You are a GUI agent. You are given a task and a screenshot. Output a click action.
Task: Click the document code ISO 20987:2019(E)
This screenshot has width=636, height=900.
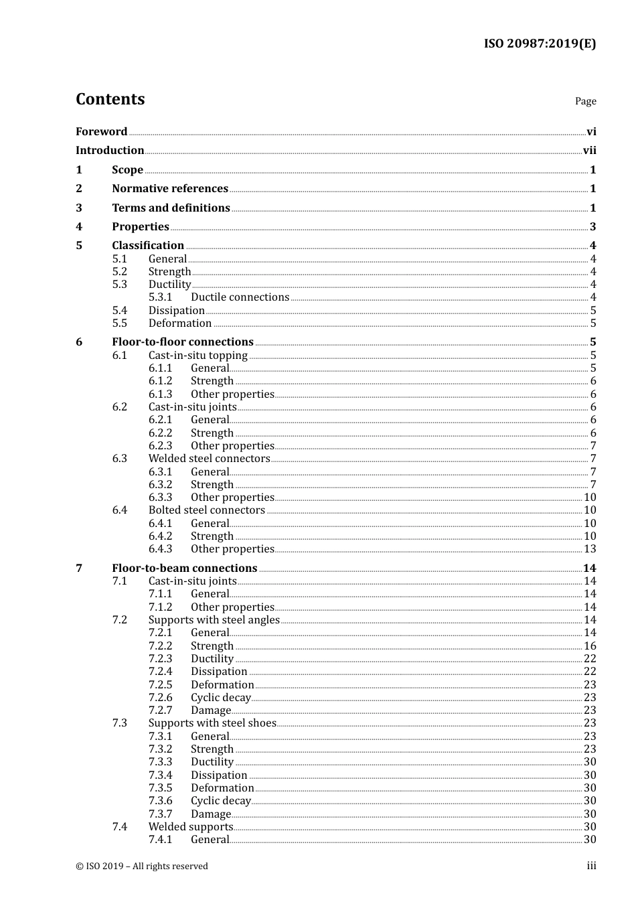click(540, 44)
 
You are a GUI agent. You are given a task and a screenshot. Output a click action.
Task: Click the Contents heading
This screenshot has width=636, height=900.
click(110, 99)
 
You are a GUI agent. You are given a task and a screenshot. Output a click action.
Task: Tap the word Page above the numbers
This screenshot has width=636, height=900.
click(585, 101)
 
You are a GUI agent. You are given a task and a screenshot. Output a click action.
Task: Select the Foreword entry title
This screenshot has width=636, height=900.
click(101, 131)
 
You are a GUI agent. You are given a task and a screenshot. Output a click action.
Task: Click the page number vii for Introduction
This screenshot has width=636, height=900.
click(589, 151)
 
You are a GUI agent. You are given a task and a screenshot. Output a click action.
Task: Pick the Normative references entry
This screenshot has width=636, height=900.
click(170, 189)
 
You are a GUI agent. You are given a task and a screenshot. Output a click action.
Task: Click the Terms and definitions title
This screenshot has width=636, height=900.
click(171, 208)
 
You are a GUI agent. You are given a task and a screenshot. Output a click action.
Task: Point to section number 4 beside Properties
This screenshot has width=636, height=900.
click(79, 227)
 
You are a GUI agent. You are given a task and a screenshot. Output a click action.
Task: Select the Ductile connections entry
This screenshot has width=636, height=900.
click(240, 297)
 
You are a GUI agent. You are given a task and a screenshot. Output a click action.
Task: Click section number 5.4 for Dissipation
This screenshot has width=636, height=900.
click(119, 310)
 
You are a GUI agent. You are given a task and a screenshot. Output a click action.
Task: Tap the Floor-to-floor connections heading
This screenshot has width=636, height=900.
click(183, 342)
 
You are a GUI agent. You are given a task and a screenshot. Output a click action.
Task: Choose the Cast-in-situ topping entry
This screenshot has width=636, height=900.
click(197, 355)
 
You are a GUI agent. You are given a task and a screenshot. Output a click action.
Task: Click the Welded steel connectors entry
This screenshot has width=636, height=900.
click(209, 459)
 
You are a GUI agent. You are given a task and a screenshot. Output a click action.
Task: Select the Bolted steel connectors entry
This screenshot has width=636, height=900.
click(206, 510)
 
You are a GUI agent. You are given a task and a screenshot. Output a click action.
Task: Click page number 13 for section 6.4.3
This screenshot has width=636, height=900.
click(590, 549)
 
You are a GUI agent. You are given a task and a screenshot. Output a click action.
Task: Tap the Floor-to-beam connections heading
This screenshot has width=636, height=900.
click(184, 569)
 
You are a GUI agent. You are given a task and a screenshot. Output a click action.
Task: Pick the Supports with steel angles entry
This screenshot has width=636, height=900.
click(214, 620)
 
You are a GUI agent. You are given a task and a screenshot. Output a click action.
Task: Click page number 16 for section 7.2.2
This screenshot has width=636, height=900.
click(590, 646)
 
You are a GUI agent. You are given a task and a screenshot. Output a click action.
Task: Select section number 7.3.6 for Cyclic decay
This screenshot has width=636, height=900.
click(160, 801)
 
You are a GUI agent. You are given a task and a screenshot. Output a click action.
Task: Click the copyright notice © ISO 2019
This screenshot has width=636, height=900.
click(141, 867)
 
